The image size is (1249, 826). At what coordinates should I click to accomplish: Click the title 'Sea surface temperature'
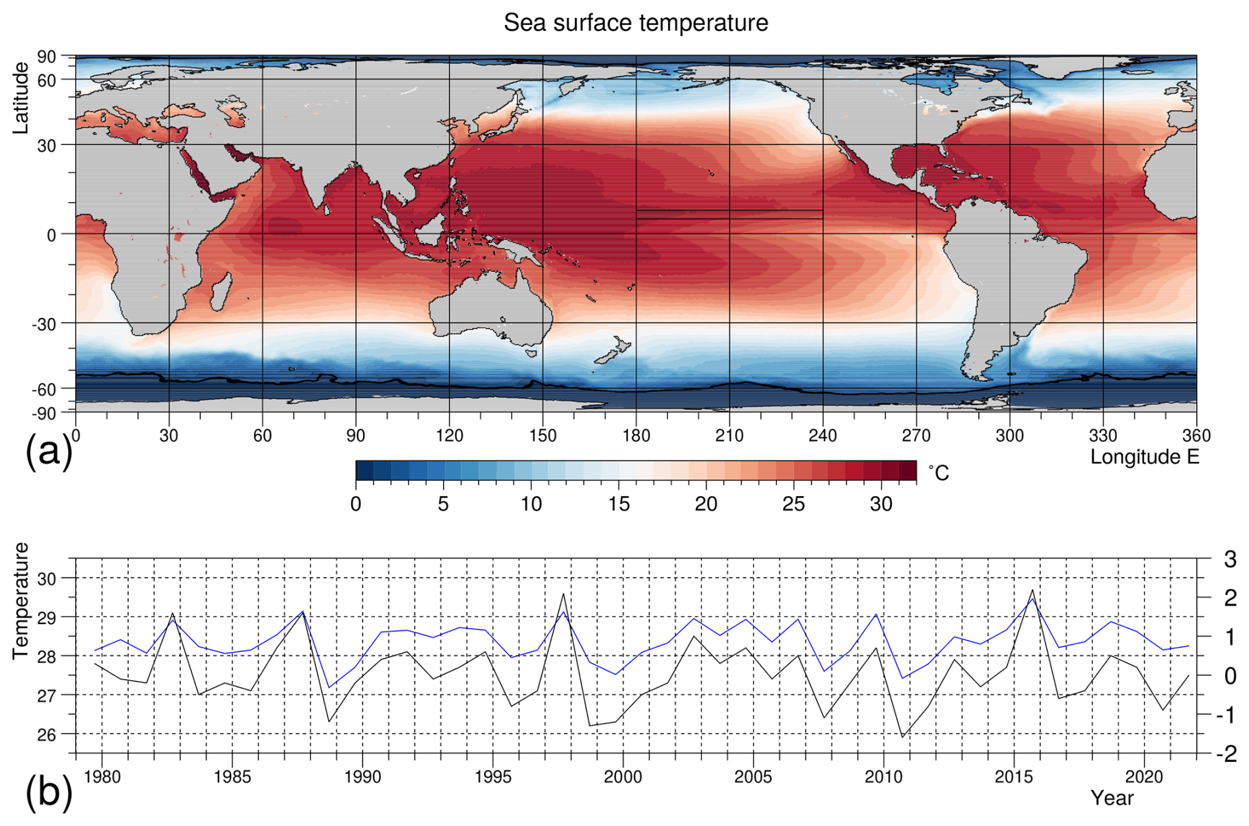point(635,23)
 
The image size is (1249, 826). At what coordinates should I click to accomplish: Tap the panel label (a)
point(48,453)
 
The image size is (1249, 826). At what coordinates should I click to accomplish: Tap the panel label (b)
point(48,791)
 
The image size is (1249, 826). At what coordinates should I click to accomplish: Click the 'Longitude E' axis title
point(1144,457)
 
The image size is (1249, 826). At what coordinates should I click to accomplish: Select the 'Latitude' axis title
point(20,98)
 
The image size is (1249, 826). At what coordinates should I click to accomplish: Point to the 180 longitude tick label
point(636,435)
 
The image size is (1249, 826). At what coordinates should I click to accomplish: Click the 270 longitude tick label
point(916,435)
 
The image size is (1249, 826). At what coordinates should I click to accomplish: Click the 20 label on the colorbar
point(706,504)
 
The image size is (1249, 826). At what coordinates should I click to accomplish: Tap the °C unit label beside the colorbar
point(938,472)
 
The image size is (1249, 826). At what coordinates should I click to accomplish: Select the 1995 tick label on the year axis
point(492,777)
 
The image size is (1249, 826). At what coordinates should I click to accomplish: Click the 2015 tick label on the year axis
point(1013,777)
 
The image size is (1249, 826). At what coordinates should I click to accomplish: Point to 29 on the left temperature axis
point(47,618)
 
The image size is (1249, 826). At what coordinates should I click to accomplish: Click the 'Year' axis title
point(1112,798)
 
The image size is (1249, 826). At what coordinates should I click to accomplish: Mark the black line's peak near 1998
point(563,594)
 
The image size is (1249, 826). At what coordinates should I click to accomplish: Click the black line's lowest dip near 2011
point(902,737)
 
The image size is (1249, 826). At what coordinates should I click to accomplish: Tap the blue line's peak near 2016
point(1032,598)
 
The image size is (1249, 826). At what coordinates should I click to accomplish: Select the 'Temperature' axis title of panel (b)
point(20,600)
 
